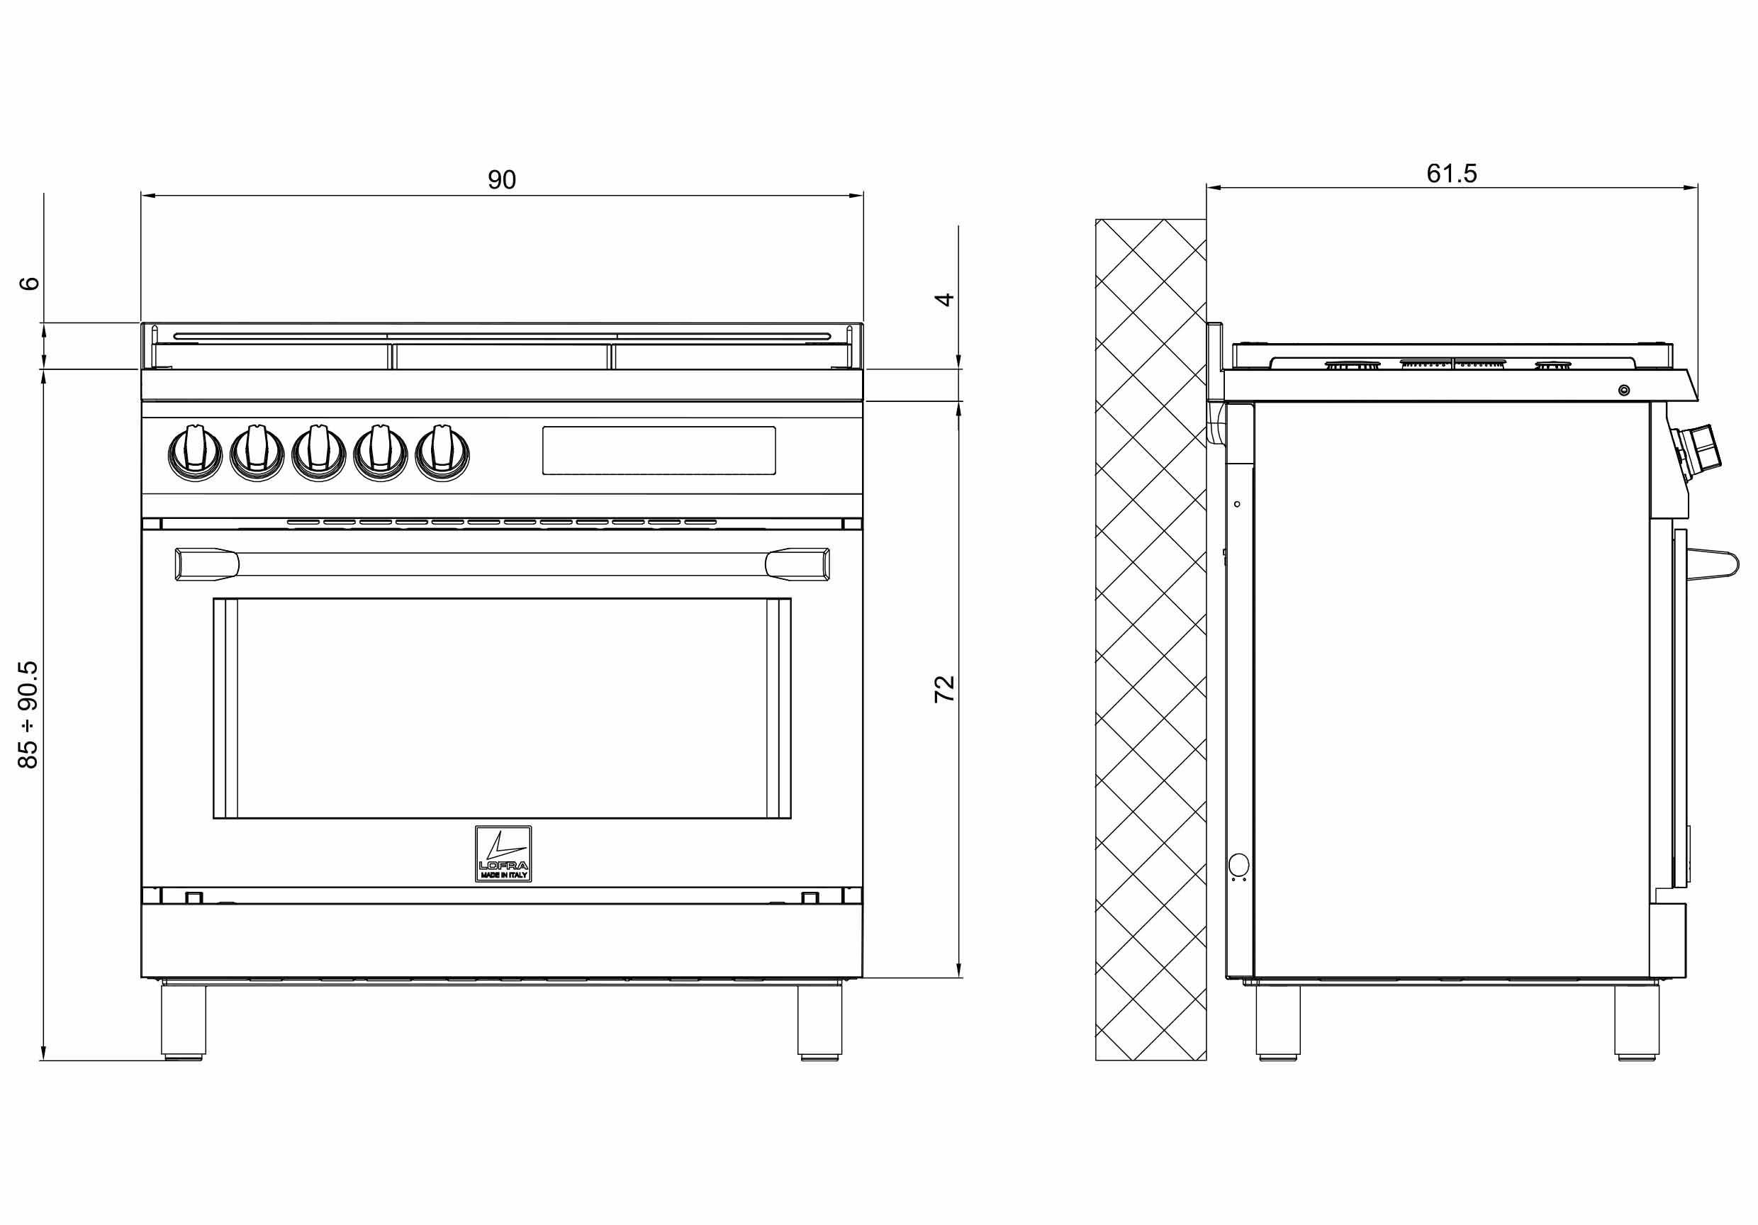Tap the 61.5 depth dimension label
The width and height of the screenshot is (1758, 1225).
click(x=1451, y=174)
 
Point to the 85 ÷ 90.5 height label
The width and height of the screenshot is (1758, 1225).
click(x=28, y=715)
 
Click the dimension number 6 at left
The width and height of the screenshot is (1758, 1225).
click(x=28, y=284)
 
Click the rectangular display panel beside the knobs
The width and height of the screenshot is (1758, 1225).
click(x=659, y=450)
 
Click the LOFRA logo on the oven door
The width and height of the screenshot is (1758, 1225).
click(x=503, y=854)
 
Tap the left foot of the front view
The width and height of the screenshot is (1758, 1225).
click(x=183, y=1022)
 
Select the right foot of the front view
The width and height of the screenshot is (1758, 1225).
click(x=819, y=1022)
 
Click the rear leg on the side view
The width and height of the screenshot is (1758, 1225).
click(x=1278, y=1022)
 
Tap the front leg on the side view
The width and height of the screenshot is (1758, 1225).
click(x=1637, y=1022)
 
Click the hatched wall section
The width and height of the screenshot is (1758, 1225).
click(x=1150, y=639)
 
